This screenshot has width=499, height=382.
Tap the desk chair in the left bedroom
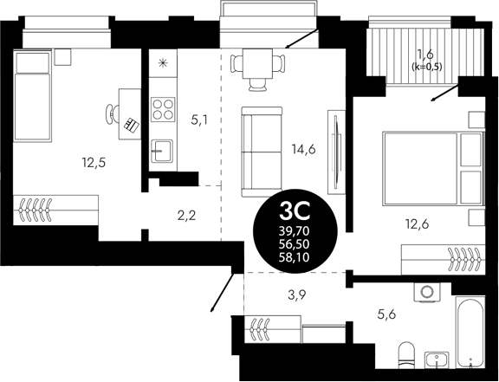pos(113,112)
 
